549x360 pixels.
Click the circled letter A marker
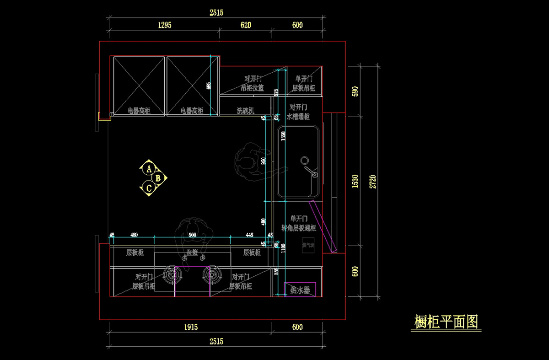(x=149, y=169)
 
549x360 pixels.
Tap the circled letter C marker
(x=149, y=187)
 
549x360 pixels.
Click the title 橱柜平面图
(x=446, y=322)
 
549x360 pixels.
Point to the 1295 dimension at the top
(x=165, y=25)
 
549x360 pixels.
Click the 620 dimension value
(x=246, y=25)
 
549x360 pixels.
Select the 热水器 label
(x=300, y=290)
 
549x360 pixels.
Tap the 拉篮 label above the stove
(x=192, y=253)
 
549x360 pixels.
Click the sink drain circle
(x=304, y=161)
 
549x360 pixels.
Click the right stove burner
(x=212, y=275)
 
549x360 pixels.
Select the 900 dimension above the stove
(x=193, y=235)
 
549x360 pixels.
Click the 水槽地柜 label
(x=298, y=117)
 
